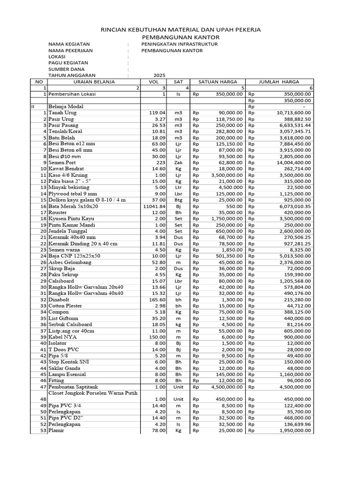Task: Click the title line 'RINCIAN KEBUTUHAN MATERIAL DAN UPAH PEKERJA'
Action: point(180,30)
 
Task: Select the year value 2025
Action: point(159,75)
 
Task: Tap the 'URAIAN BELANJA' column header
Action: point(94,82)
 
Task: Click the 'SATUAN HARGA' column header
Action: point(217,82)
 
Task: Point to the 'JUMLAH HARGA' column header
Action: point(279,82)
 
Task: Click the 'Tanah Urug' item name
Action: point(62,113)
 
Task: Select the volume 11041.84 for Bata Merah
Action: point(154,206)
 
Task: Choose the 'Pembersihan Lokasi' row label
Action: point(72,94)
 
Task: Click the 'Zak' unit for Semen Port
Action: point(178,162)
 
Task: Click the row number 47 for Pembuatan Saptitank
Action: point(43,387)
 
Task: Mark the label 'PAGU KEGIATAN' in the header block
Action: point(68,63)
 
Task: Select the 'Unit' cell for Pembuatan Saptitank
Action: point(178,387)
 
